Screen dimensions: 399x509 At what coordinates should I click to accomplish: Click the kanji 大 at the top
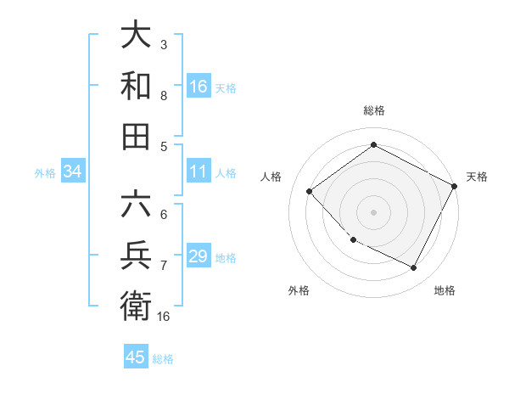click(136, 37)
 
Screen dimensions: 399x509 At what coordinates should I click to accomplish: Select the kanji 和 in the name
click(136, 87)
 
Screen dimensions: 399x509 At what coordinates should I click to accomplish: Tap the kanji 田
click(136, 137)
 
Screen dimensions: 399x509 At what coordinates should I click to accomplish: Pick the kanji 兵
click(136, 256)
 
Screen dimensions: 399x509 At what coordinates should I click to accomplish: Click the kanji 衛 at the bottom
click(136, 306)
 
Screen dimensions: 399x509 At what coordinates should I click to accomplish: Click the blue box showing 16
click(199, 87)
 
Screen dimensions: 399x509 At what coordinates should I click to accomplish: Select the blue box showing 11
click(199, 171)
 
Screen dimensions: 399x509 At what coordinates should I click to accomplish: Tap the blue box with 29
click(199, 256)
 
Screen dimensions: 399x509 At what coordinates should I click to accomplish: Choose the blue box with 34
click(72, 172)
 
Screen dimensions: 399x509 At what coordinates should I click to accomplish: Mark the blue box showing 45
click(136, 357)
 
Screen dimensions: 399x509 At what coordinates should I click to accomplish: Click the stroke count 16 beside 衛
click(164, 316)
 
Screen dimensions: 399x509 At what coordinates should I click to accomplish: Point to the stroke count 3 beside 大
click(164, 44)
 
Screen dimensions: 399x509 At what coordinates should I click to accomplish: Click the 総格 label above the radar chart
click(373, 110)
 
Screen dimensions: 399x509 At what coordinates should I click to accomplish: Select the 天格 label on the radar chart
click(477, 177)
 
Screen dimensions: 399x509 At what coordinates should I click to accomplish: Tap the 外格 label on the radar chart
click(299, 290)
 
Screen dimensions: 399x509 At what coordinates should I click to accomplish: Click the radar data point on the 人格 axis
click(310, 192)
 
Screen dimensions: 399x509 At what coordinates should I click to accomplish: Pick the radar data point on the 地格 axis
click(414, 268)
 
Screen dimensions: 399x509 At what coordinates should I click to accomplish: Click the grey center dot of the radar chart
click(373, 211)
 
